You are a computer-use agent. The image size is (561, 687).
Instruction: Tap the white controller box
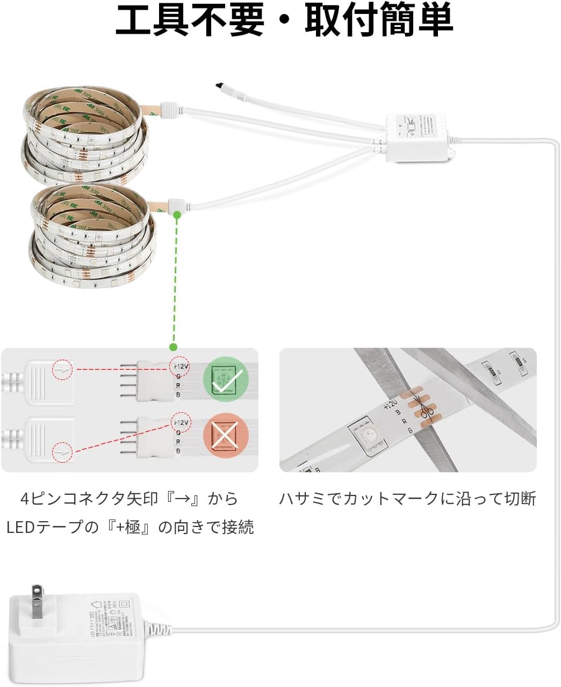417,138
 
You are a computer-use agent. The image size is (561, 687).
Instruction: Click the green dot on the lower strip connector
177,214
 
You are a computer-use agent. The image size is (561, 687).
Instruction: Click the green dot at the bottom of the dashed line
173,347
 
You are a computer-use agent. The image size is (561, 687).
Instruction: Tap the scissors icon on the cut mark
427,413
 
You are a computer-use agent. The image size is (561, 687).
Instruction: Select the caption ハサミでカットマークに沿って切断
407,499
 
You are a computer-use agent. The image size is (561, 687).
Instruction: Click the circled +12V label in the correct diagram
180,366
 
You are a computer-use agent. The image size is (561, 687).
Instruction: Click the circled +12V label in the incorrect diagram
181,422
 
